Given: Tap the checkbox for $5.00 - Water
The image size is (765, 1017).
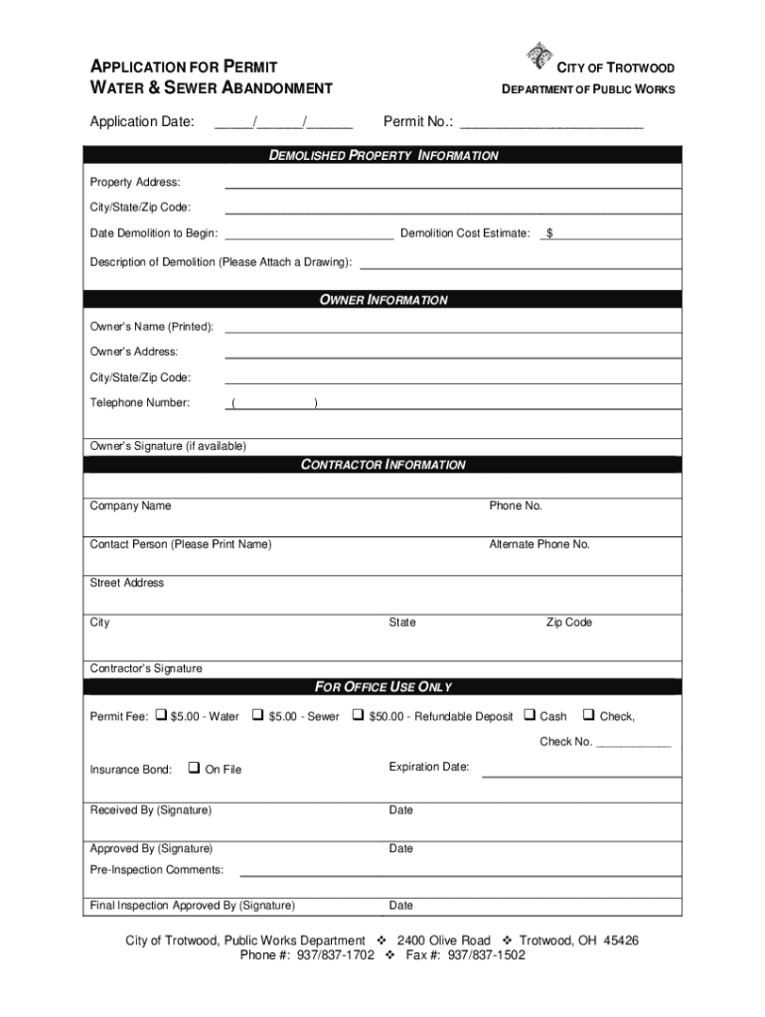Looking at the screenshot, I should (160, 715).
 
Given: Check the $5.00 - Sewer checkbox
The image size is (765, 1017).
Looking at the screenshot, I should (257, 715).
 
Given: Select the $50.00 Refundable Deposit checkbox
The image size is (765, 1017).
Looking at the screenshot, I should (358, 715).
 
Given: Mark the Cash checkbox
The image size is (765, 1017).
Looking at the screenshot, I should (530, 715).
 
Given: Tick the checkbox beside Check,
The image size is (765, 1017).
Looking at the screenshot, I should (589, 715).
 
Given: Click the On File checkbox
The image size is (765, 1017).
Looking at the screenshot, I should (194, 768).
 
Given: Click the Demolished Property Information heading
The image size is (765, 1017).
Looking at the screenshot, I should (384, 156).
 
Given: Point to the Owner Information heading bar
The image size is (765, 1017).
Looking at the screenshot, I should (383, 300).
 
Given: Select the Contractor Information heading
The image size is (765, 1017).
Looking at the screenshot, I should (383, 465).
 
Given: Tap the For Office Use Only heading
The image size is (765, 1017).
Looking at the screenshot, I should (383, 687).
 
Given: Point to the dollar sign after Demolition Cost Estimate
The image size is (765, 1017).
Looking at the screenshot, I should (549, 233).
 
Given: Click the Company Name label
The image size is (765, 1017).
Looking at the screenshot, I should (130, 507).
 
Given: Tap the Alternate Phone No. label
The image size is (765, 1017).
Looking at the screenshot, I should (538, 545).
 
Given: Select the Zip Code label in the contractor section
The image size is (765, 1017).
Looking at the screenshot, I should (568, 623).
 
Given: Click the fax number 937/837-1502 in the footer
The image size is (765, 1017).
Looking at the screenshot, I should (487, 955).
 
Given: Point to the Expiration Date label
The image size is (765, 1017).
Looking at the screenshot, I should (428, 767).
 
